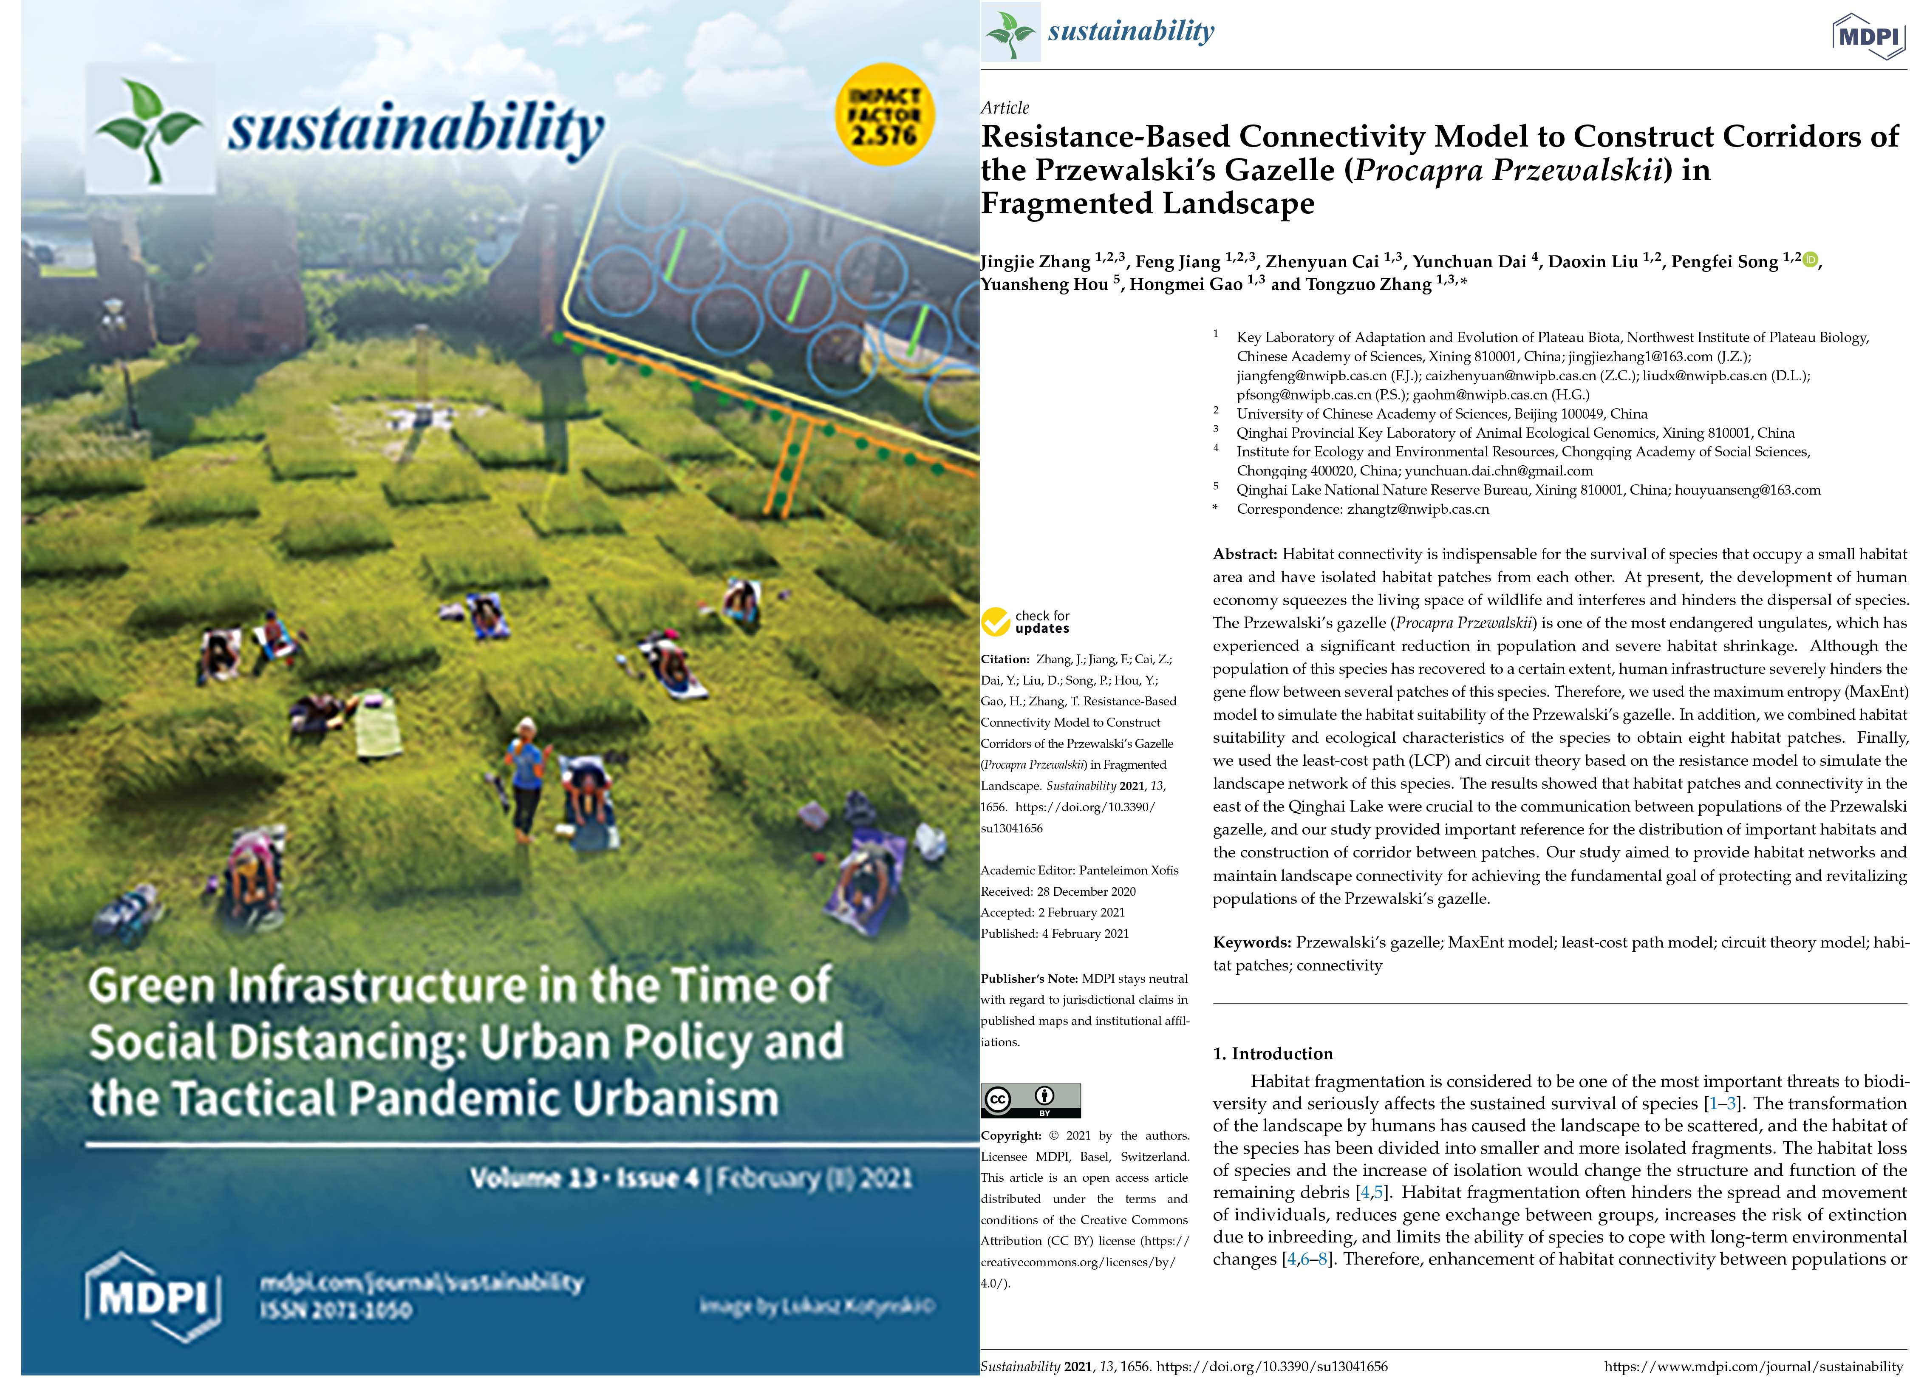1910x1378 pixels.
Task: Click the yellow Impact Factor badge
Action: (x=883, y=115)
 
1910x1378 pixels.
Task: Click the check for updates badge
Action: (x=1026, y=622)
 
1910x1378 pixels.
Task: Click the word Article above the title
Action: (x=1005, y=108)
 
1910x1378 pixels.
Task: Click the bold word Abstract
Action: (x=1245, y=554)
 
